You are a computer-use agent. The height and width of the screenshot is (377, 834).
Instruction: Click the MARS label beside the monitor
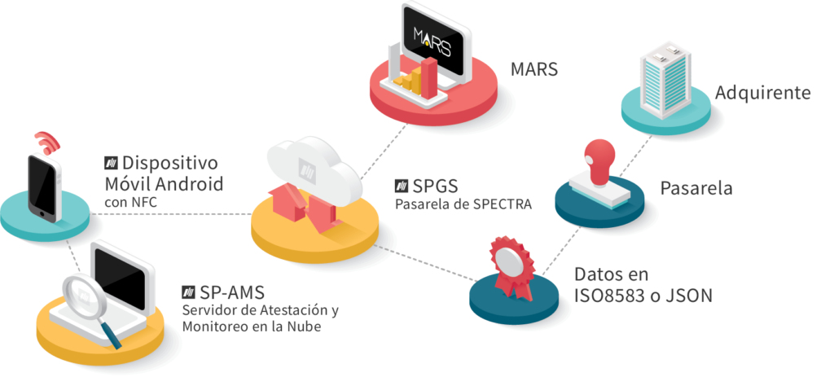point(533,69)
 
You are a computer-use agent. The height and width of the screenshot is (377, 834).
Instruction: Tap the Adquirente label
point(762,93)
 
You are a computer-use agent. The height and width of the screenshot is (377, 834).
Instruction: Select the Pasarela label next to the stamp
point(696,188)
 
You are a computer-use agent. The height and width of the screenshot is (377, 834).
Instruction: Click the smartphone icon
point(45,186)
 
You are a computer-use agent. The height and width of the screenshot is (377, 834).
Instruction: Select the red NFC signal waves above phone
point(51,143)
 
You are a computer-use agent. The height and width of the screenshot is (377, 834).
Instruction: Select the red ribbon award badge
point(509,262)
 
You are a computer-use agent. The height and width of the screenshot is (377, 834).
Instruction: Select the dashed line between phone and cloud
point(171,214)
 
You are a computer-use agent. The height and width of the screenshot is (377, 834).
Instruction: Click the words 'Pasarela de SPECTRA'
point(463,204)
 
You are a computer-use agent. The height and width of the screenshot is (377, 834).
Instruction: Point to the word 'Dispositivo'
point(172,162)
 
